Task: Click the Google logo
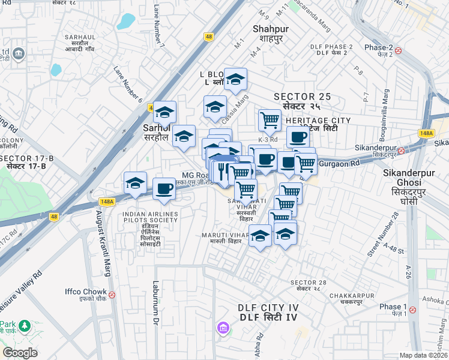click(x=19, y=353)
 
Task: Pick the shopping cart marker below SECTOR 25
click(x=270, y=120)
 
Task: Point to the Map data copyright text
click(x=423, y=355)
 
